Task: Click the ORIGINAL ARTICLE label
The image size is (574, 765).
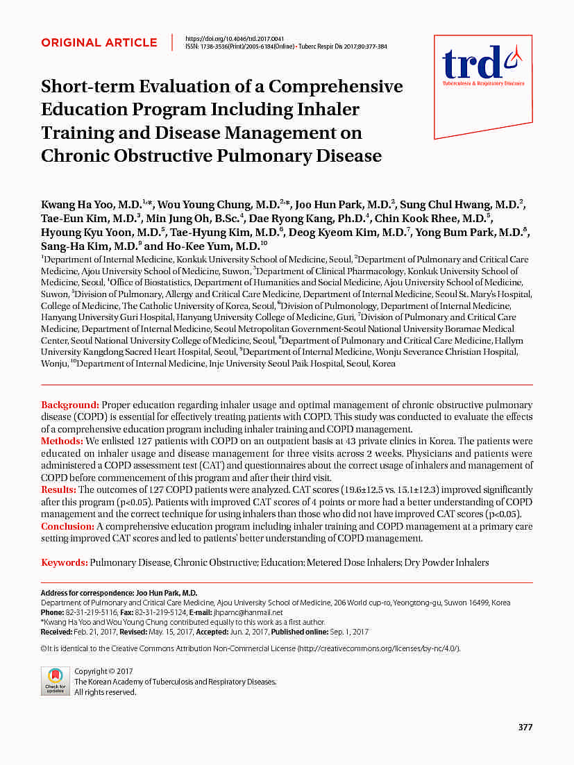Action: click(99, 43)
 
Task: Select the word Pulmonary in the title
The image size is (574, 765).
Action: click(255, 155)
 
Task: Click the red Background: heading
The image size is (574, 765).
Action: click(70, 405)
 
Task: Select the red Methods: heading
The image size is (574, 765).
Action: click(62, 442)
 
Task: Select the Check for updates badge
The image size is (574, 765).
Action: click(55, 681)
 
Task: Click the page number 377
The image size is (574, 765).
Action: click(525, 727)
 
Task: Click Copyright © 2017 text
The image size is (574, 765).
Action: click(103, 671)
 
